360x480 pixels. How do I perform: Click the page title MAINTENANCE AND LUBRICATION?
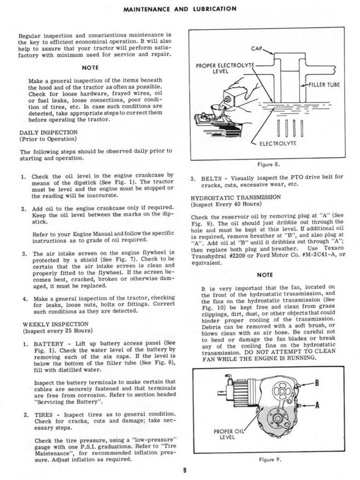pyautogui.click(x=180, y=9)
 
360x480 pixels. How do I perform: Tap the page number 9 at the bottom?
pyautogui.click(x=184, y=470)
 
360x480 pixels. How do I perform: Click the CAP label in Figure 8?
pyautogui.click(x=256, y=49)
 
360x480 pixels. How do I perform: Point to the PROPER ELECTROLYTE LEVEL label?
pyautogui.click(x=225, y=68)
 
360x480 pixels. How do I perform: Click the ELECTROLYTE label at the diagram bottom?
pyautogui.click(x=278, y=143)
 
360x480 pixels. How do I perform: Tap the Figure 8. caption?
pyautogui.click(x=269, y=165)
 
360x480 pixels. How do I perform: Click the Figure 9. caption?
pyautogui.click(x=270, y=459)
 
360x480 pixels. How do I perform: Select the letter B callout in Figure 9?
pyautogui.click(x=317, y=383)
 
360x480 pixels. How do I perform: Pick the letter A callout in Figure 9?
pyautogui.click(x=317, y=405)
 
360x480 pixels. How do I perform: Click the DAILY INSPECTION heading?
pyautogui.click(x=49, y=133)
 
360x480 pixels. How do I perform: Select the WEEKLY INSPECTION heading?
pyautogui.click(x=55, y=324)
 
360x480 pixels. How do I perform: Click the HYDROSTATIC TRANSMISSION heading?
pyautogui.click(x=236, y=197)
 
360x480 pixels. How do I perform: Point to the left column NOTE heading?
pyautogui.click(x=90, y=67)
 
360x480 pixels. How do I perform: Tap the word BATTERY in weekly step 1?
pyautogui.click(x=49, y=344)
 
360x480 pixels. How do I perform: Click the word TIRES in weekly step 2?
pyautogui.click(x=44, y=415)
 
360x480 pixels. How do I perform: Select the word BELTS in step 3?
pyautogui.click(x=211, y=179)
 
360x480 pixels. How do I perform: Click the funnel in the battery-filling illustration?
pyautogui.click(x=219, y=111)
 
